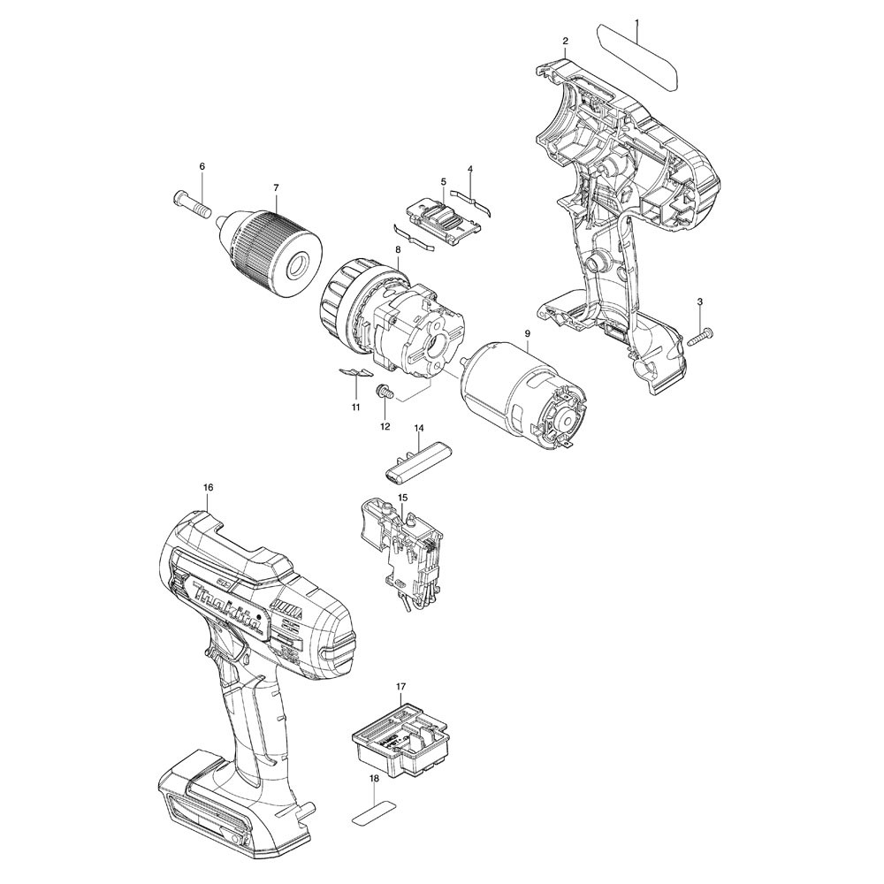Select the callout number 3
700,302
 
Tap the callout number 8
398,251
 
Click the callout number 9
527,333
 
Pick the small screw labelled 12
385,392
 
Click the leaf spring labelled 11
355,374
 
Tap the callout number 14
419,428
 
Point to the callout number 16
208,487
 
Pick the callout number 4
469,169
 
